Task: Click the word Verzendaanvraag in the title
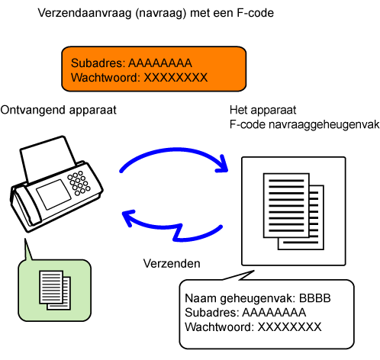[85, 13]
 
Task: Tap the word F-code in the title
[255, 13]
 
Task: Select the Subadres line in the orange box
[131, 63]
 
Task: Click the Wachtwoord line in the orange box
[139, 78]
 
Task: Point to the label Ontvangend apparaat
[58, 111]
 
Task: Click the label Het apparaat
[262, 111]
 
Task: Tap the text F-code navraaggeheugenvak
[304, 125]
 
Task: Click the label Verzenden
[172, 263]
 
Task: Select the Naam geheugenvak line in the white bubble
[258, 298]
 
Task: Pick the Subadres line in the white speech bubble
[245, 313]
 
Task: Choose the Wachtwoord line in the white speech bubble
[253, 327]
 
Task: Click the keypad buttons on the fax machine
[79, 183]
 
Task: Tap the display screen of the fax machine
[53, 194]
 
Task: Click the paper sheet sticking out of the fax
[48, 157]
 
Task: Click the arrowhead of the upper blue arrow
[221, 165]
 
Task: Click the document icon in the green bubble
[55, 291]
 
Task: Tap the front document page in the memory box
[286, 205]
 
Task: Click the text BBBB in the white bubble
[314, 298]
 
